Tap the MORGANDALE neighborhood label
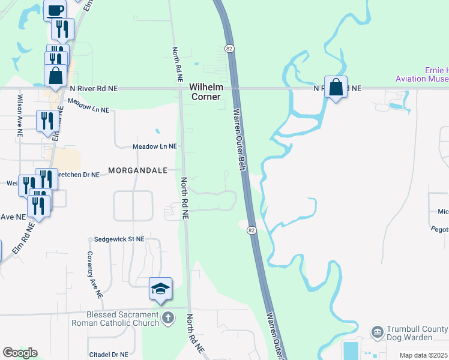point(137,170)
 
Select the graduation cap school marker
point(161,289)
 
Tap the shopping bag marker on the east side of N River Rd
point(336,88)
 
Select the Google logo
point(20,353)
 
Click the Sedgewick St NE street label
point(119,239)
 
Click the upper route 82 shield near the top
point(229,48)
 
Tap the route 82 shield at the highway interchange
point(251,230)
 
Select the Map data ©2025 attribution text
point(424,355)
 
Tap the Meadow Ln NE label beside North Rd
point(155,146)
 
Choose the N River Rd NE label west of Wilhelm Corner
point(94,88)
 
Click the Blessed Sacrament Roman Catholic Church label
point(122,319)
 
